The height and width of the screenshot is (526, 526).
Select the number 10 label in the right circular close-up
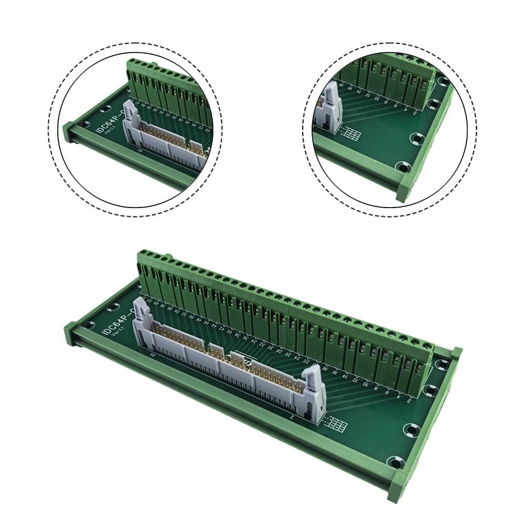point(376,98)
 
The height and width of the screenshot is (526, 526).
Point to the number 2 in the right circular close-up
point(415,111)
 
